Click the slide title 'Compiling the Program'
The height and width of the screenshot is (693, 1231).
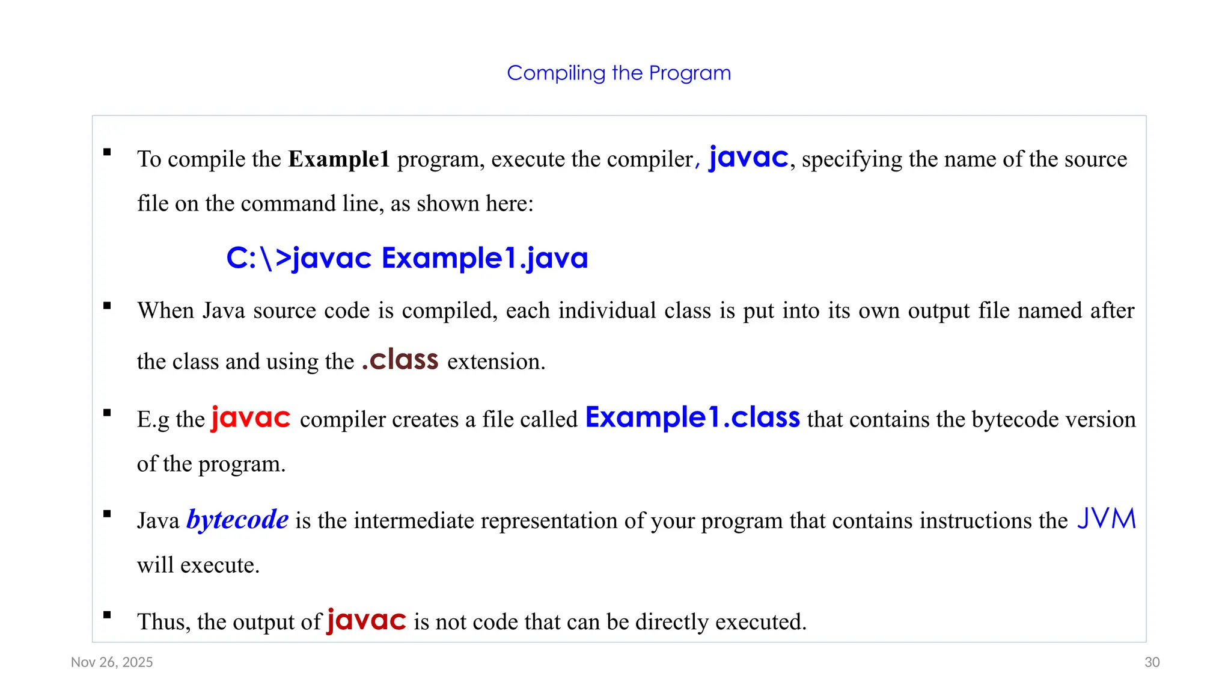point(619,73)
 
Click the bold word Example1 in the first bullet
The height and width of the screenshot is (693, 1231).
point(339,159)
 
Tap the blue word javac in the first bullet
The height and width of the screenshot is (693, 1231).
point(748,158)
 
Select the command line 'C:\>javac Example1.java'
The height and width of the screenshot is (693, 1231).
point(407,258)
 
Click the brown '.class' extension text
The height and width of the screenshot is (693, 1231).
point(400,360)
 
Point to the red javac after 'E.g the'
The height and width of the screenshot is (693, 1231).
point(251,417)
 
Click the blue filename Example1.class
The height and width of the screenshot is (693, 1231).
point(692,417)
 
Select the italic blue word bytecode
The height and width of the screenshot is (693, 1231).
point(237,520)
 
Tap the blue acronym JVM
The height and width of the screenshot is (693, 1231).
point(1107,519)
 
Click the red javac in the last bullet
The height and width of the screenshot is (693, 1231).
point(367,620)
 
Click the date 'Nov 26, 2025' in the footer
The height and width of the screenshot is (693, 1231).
point(112,662)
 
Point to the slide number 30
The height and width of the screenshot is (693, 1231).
point(1152,662)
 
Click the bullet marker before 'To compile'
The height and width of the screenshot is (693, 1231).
point(107,152)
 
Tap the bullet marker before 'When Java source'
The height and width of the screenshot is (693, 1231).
point(107,306)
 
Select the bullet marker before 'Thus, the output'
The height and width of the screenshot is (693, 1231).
point(107,615)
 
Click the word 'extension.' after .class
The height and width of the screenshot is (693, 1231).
point(496,362)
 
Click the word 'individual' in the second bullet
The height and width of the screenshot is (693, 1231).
point(607,311)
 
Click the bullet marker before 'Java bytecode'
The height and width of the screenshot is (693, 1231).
point(107,514)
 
